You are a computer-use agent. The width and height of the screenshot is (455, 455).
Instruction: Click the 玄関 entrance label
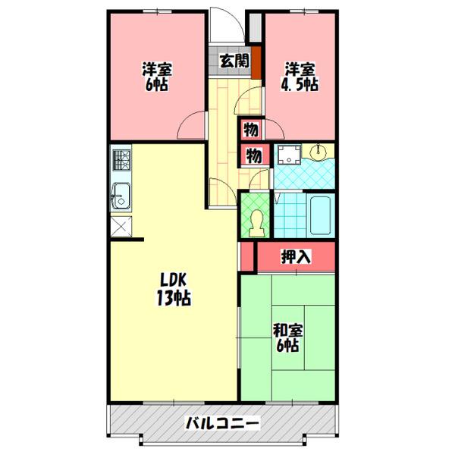click(234, 61)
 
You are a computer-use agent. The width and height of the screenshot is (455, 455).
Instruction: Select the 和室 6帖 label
click(287, 337)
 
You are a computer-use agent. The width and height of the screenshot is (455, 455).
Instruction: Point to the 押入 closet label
click(296, 256)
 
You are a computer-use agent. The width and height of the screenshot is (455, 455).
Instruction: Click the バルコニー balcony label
click(222, 424)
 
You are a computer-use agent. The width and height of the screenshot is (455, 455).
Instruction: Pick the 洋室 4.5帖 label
click(300, 77)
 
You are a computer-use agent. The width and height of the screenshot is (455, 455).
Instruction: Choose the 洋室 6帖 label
click(157, 77)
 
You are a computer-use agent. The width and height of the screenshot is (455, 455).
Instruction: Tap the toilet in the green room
click(256, 224)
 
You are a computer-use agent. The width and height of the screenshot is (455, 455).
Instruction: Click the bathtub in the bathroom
click(320, 215)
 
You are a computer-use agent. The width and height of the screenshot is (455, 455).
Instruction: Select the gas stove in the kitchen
click(121, 160)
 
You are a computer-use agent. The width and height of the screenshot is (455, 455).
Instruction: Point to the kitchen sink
click(121, 196)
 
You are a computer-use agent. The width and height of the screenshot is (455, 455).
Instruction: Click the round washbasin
click(318, 151)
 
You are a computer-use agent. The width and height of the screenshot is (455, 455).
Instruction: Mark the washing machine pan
click(289, 155)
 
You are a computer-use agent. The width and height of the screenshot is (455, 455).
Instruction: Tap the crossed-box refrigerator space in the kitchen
click(121, 226)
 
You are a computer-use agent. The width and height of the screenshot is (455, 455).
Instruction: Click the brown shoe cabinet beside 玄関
click(256, 62)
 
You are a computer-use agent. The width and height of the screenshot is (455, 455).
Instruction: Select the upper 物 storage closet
click(251, 129)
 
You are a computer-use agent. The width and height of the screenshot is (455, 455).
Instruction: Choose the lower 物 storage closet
click(254, 155)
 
